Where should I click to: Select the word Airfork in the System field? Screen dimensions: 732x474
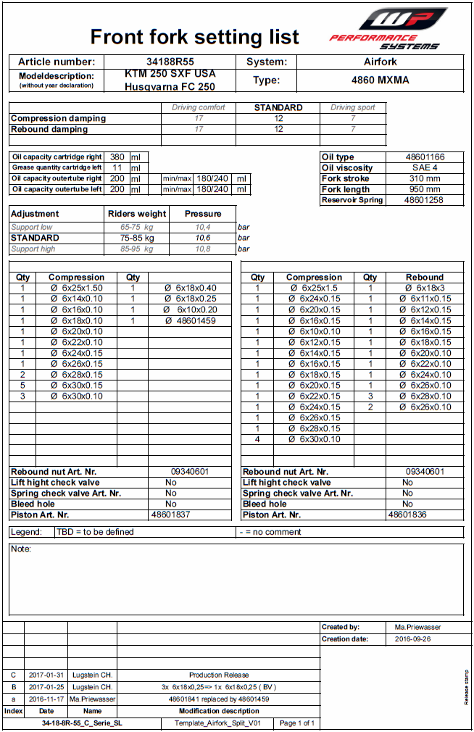point(380,62)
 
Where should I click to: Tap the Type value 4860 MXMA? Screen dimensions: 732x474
point(380,80)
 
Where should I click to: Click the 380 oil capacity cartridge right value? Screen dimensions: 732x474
point(116,157)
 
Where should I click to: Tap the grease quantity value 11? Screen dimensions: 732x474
point(117,167)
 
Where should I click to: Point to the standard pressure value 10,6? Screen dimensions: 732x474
point(202,238)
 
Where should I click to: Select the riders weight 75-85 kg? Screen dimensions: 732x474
point(137,238)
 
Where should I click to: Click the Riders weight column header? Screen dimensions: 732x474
point(137,214)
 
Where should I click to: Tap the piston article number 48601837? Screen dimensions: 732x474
point(171,515)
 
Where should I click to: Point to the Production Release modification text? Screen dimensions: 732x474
point(218,675)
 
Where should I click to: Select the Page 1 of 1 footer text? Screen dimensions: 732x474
point(297,723)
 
